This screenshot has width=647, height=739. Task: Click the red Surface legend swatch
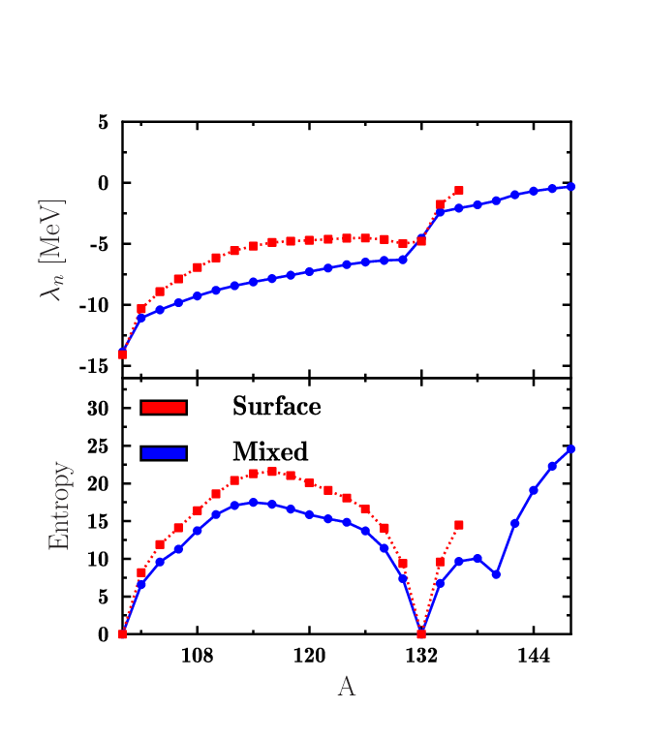coord(164,408)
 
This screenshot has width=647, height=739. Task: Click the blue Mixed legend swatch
coord(164,453)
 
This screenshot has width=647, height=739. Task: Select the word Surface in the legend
coord(277,406)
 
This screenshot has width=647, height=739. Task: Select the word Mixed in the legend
coord(270,451)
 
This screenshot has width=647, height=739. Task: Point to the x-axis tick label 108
coord(197,655)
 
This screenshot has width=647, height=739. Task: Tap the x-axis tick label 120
coord(309,655)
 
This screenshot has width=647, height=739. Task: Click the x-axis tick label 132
coord(421,655)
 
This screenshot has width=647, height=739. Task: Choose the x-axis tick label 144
coord(534,655)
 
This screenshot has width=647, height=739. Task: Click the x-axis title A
coord(347,686)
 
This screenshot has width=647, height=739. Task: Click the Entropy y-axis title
coord(59,506)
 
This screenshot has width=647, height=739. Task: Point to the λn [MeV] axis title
coord(52,250)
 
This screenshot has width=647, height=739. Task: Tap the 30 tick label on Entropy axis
coord(98,408)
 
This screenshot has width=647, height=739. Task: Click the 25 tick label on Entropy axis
coord(98,446)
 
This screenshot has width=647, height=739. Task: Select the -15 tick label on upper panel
coord(94,366)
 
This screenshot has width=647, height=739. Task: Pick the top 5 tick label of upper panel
coord(104,122)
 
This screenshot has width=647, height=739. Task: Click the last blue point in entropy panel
coord(570,449)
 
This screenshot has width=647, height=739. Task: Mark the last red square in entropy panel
coord(458,525)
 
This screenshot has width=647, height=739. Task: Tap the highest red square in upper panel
coord(458,191)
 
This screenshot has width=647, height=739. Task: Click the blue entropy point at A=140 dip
coord(496,574)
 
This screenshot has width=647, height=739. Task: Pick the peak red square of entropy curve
coord(272,472)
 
